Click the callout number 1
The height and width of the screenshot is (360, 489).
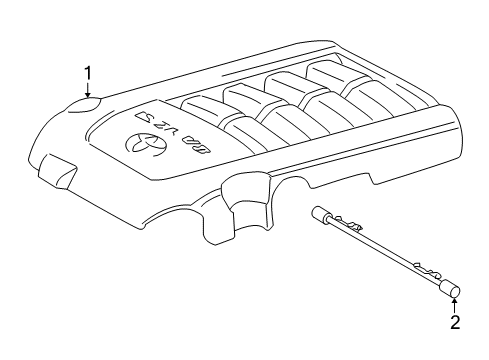[x=88, y=72]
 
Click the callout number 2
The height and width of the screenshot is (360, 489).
[x=455, y=322]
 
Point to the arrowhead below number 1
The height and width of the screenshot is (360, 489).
[x=88, y=96]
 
